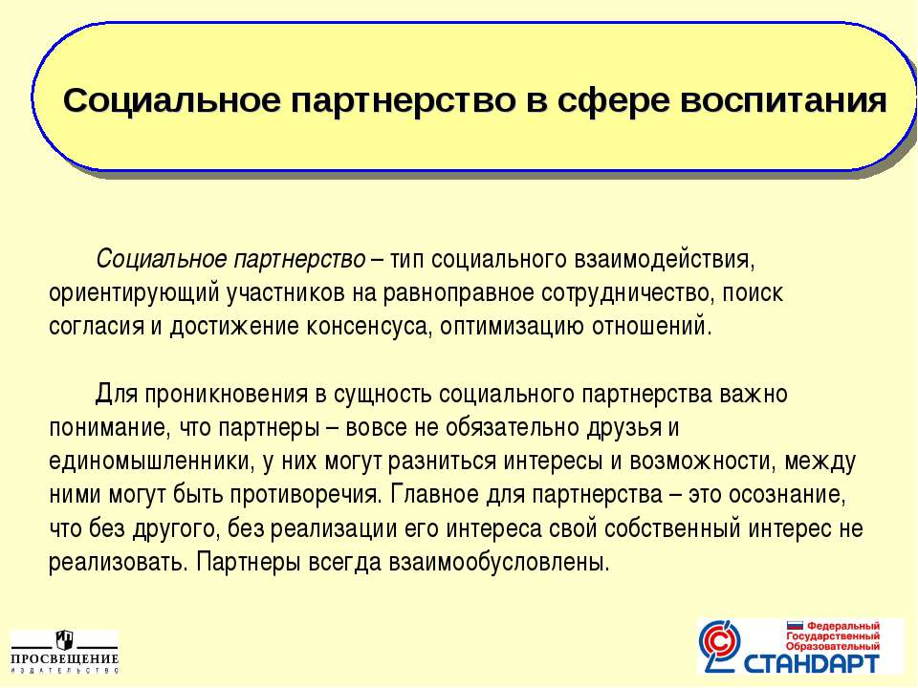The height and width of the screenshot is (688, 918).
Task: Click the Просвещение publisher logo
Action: coord(64,652)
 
